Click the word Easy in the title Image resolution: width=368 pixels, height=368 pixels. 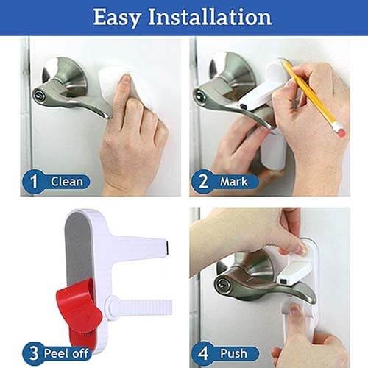pos(117,18)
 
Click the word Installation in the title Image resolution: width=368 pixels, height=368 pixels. pos(210,17)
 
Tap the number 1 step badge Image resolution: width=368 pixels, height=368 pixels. pos(34,182)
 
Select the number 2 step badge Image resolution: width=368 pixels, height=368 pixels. pos(203,182)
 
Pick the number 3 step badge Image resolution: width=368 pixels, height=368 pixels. pos(34,353)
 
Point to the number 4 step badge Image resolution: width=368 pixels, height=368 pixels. pos(203,353)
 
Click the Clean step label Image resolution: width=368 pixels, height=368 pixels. pos(67,182)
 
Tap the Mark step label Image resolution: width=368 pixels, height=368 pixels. pos(234,182)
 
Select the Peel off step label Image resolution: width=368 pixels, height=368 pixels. pos(66,353)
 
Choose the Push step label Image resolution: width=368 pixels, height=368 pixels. pos(233,353)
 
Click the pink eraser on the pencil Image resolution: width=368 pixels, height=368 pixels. pos(340,130)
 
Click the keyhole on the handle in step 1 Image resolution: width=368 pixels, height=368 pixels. pos(39,94)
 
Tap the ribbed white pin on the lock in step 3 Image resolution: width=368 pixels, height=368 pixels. pos(138,305)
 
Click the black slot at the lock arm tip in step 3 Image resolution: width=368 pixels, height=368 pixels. pos(166,248)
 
